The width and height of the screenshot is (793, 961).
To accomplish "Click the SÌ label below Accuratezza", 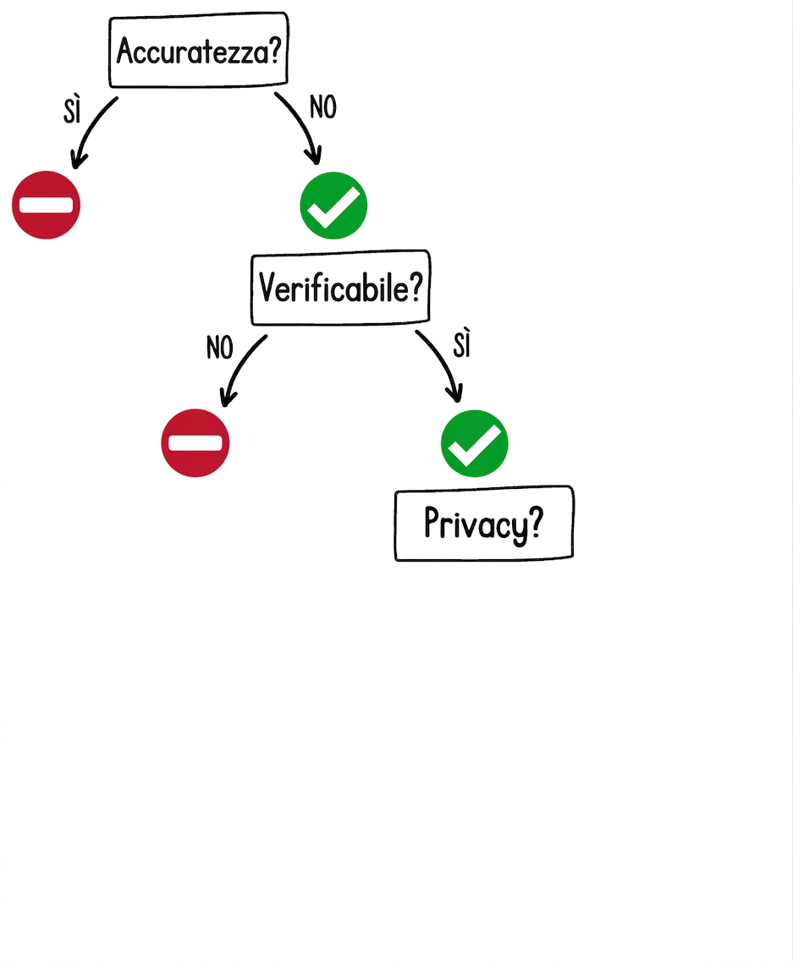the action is pos(73,110).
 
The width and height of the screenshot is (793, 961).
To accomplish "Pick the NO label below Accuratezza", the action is pos(323,107).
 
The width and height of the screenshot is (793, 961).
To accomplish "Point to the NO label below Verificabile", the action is pos(219,348).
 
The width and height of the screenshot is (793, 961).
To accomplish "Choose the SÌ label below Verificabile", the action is pos(462,343).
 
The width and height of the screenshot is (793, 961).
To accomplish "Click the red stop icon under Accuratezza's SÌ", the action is pos(46,205).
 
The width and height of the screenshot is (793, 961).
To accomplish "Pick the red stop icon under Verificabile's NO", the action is pos(195,442).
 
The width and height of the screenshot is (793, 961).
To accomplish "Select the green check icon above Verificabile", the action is pos(333,206).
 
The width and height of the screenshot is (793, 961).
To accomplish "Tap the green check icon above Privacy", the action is pos(474,443).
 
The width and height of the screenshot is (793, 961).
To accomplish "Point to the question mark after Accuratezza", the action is pos(275,49).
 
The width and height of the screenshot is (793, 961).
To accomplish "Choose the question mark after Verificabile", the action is pos(416,287).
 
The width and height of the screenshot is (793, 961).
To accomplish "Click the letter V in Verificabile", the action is pos(267,287).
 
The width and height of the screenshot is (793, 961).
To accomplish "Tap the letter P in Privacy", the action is pos(432,522).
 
